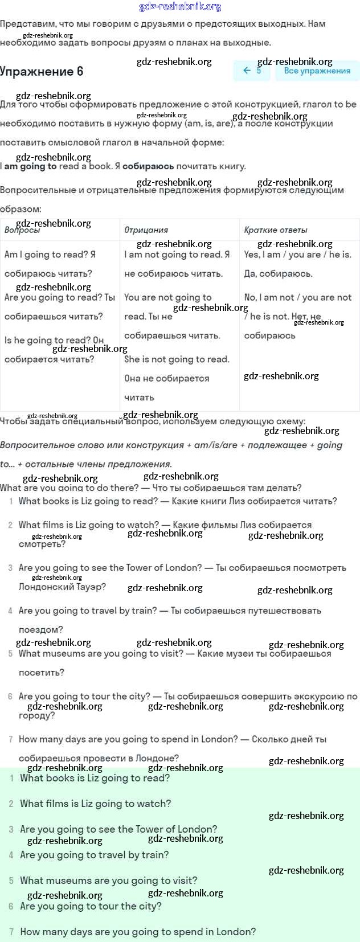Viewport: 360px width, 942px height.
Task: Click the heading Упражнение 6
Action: pyautogui.click(x=42, y=71)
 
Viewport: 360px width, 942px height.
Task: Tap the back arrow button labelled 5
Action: pyautogui.click(x=252, y=71)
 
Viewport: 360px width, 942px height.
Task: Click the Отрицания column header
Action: pyautogui.click(x=146, y=230)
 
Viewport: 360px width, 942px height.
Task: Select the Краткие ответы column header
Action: pyautogui.click(x=276, y=230)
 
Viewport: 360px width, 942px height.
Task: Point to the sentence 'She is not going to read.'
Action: pyautogui.click(x=177, y=359)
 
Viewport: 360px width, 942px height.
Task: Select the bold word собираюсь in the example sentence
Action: pyautogui.click(x=148, y=166)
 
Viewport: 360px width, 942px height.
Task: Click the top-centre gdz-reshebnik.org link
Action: pyautogui.click(x=180, y=7)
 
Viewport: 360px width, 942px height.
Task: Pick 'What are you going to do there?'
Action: pyautogui.click(x=69, y=488)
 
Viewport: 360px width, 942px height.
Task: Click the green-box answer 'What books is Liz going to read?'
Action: pyautogui.click(x=95, y=778)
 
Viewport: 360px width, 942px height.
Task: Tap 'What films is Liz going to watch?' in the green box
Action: pyautogui.click(x=95, y=804)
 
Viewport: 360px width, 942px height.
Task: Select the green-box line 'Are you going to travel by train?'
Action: pyautogui.click(x=94, y=855)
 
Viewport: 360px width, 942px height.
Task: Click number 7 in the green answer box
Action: pyautogui.click(x=11, y=932)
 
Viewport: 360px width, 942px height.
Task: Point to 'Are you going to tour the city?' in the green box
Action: pyautogui.click(x=91, y=906)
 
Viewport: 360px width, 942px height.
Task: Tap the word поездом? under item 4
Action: pyautogui.click(x=41, y=629)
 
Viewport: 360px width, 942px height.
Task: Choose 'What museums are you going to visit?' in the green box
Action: pyautogui.click(x=108, y=880)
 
